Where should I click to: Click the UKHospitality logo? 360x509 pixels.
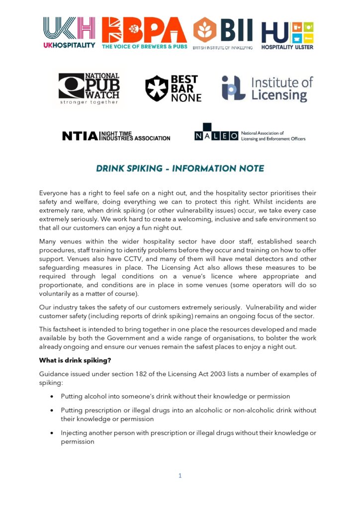[x=69, y=33]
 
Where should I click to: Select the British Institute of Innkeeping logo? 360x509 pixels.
[x=223, y=33]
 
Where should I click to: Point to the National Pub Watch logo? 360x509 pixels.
[x=89, y=88]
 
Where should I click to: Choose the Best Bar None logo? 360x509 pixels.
[x=173, y=88]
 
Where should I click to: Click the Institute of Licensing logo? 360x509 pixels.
[x=267, y=88]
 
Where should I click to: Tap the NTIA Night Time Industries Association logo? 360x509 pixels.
[x=116, y=136]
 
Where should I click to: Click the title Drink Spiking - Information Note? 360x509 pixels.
[x=180, y=169]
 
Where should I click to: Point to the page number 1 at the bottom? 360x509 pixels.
[x=180, y=476]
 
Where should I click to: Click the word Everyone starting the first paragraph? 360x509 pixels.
[x=55, y=193]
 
